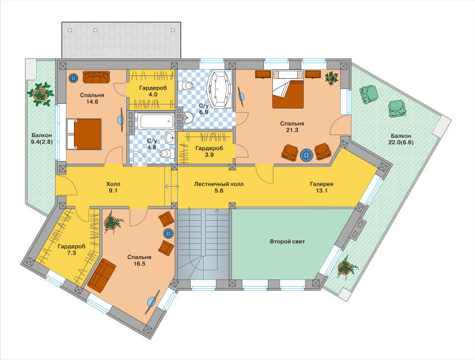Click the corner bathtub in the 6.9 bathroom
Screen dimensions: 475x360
coord(219,89)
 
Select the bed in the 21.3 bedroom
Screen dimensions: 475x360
coord(288,89)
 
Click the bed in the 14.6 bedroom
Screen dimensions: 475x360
coord(84,134)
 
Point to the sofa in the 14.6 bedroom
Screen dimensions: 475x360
coord(96,77)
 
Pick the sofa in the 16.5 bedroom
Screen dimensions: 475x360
coord(102,275)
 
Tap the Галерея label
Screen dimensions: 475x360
coord(322,184)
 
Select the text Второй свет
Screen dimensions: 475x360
coord(287,242)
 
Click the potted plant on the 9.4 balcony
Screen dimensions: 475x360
coord(40,94)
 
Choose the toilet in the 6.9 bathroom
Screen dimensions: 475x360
coord(186,86)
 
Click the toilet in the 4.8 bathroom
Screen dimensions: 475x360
coord(166,154)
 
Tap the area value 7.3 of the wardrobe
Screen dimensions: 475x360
coord(71,253)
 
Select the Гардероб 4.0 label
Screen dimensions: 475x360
coord(153,91)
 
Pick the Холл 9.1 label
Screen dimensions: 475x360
coord(113,187)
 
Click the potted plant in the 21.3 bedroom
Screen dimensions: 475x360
coord(331,77)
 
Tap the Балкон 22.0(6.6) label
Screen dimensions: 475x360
coord(400,139)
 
